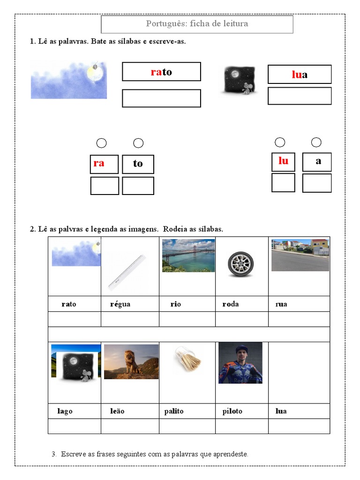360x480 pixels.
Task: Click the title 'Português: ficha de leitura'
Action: coord(197,24)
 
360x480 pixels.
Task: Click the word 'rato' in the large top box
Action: coord(161,72)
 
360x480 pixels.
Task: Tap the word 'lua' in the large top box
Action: coord(300,75)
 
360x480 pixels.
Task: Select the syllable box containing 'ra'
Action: coord(104,164)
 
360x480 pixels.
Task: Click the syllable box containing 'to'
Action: coord(138,164)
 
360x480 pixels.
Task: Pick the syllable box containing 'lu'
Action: coord(283,162)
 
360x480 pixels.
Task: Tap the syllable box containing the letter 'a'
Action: coord(317,162)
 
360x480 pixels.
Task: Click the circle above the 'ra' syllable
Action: coord(101,143)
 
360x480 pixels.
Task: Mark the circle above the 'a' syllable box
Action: coord(316,142)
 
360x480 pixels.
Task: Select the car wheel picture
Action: coord(240,264)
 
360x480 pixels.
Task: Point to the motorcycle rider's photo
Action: coord(240,362)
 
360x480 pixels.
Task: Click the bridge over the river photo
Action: coord(188,255)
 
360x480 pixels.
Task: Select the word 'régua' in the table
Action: coord(120,304)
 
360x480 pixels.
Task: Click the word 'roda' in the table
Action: coord(230,304)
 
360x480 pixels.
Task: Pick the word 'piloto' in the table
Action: coord(232,411)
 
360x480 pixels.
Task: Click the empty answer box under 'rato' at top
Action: coord(161,98)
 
